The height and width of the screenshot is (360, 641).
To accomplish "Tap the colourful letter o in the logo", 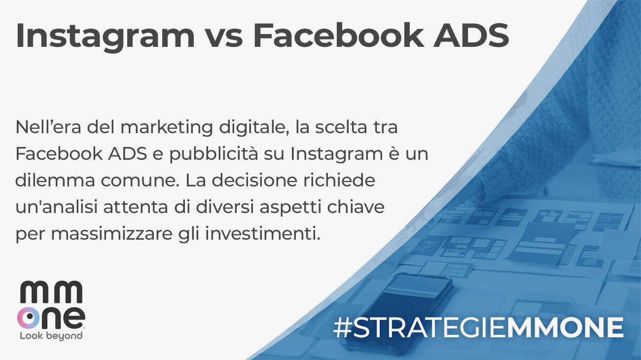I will click(x=30, y=318).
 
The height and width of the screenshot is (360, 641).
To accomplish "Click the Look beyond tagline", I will click(x=51, y=336).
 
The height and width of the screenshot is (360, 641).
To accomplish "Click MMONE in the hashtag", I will click(x=565, y=328).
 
